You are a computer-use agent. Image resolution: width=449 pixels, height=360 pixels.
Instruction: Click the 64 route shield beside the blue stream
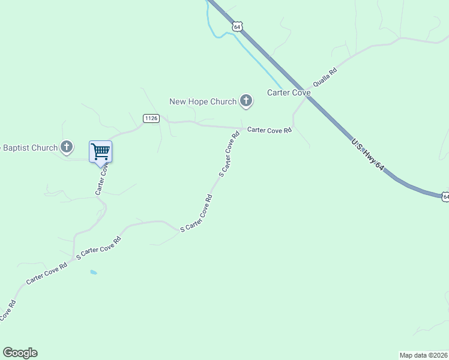(x=238, y=26)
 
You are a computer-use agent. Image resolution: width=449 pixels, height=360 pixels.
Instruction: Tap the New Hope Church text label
(x=203, y=101)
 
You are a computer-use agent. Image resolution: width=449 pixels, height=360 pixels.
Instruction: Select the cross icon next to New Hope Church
(x=246, y=101)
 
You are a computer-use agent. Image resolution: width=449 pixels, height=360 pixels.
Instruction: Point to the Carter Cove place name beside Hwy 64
(x=289, y=92)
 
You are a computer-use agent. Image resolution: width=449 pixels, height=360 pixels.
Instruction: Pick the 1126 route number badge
(x=151, y=118)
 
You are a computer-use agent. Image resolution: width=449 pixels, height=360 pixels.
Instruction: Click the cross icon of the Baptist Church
(x=67, y=147)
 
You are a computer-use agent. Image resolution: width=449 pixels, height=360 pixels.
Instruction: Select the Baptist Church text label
(x=29, y=148)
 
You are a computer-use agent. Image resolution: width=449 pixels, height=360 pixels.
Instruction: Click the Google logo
(x=20, y=353)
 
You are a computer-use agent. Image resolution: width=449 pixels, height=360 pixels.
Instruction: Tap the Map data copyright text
(x=423, y=355)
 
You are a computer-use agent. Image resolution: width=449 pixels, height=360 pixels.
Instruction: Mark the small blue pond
(x=93, y=272)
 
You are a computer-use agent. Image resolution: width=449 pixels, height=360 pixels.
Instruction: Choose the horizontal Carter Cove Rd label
(x=270, y=130)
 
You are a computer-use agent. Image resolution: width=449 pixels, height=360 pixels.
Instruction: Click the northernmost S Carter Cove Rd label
(x=229, y=154)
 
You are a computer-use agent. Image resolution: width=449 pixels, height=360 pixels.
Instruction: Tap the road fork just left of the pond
(x=73, y=259)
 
